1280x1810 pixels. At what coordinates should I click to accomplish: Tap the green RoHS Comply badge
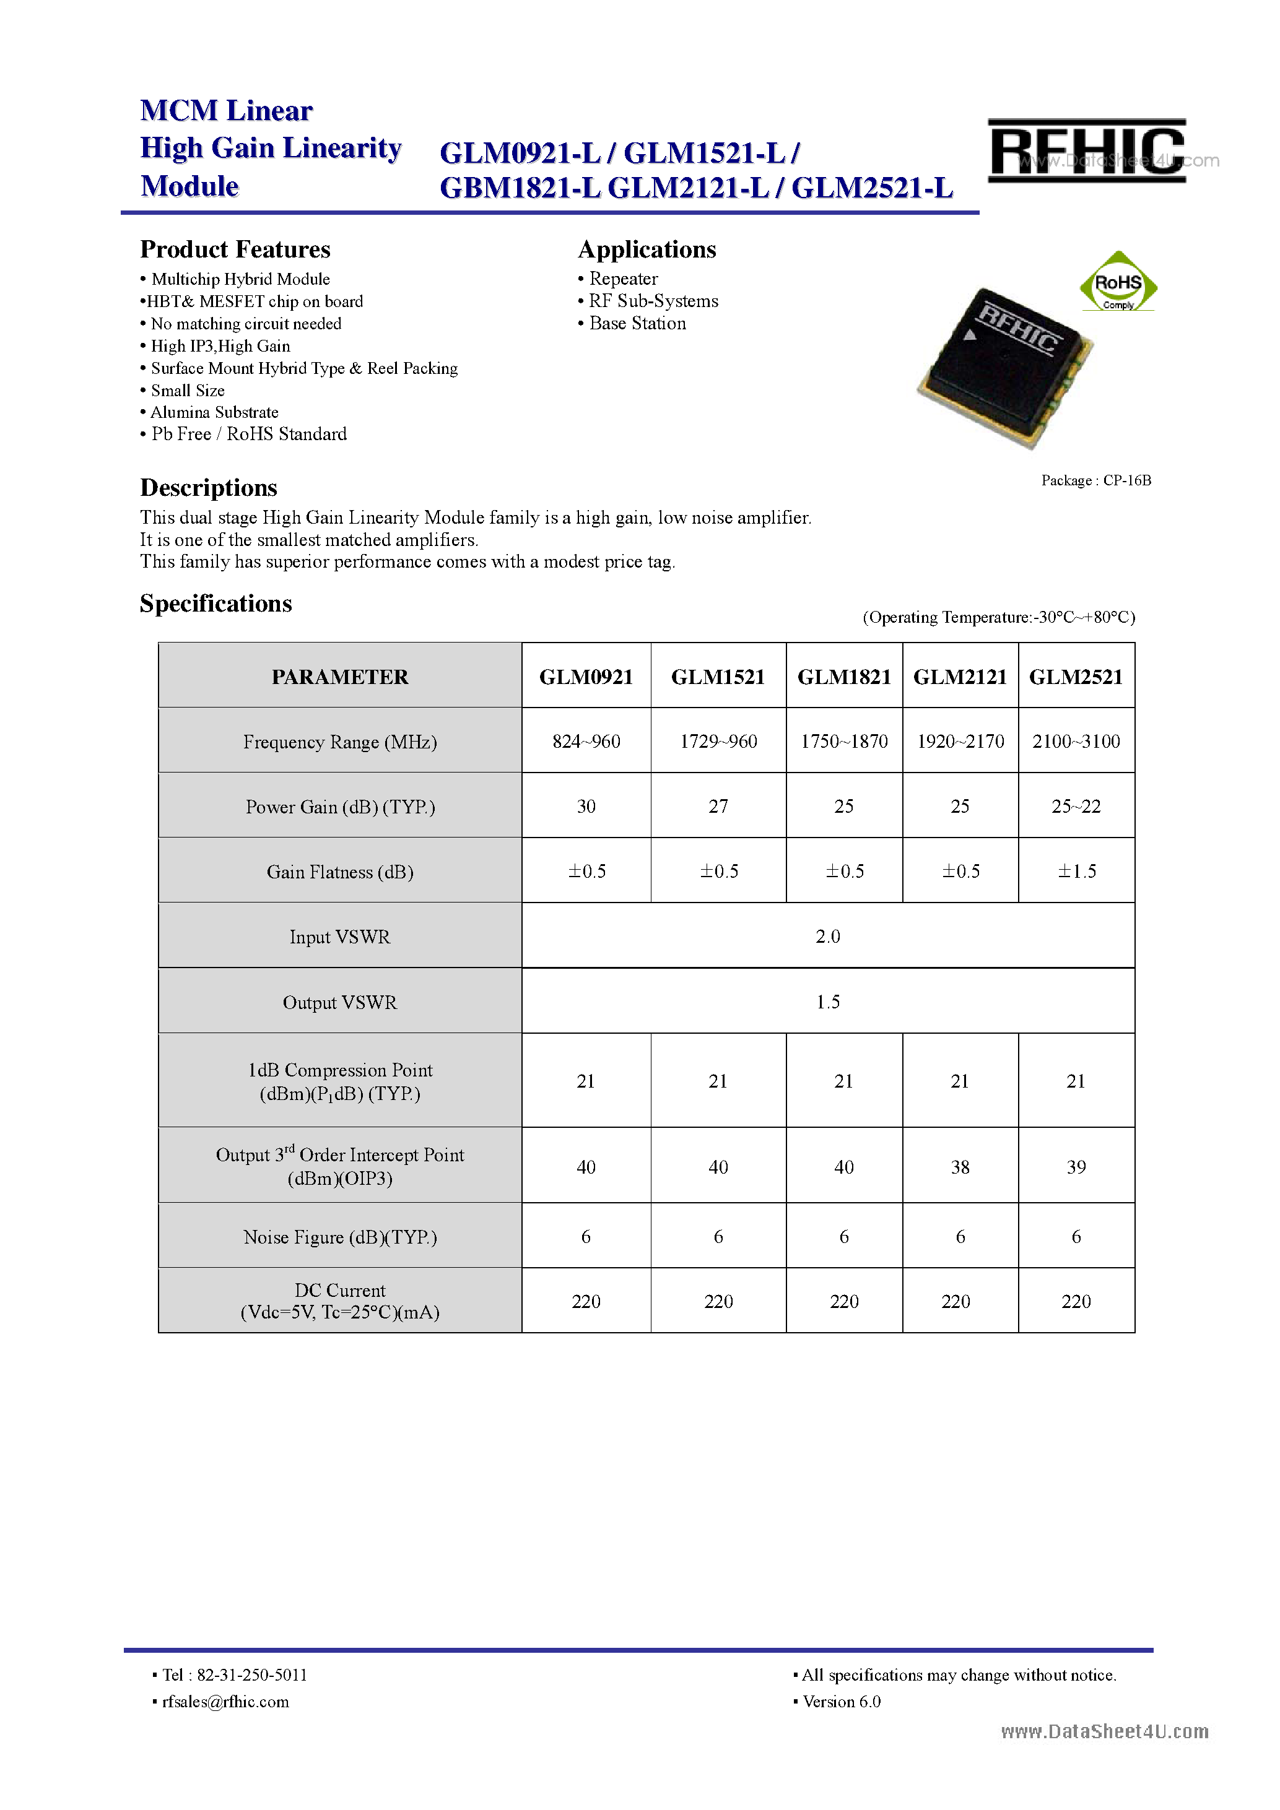coord(1118,283)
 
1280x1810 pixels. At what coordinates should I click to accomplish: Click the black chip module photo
coord(1004,367)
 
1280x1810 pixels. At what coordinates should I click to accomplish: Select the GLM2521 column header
coord(1076,677)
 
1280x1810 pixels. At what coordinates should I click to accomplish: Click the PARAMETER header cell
coord(340,677)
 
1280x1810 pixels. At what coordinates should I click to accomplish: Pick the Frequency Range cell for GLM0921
coord(586,741)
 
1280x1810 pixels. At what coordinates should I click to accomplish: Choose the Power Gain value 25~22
coord(1076,806)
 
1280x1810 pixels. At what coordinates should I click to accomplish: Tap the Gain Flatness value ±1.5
coord(1076,871)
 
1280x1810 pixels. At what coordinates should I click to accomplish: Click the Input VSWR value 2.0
coord(827,937)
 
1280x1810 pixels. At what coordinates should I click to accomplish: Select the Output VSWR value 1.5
coord(827,1002)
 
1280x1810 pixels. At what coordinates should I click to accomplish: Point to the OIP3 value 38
coord(960,1167)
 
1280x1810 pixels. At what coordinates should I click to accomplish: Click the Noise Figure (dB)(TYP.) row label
coord(340,1237)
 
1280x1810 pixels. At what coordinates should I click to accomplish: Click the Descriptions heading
coord(208,488)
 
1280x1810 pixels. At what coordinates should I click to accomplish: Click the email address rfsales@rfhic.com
coord(225,1701)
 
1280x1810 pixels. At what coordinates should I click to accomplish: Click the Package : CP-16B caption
coord(1095,480)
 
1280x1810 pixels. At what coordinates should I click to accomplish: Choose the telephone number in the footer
coord(251,1674)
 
